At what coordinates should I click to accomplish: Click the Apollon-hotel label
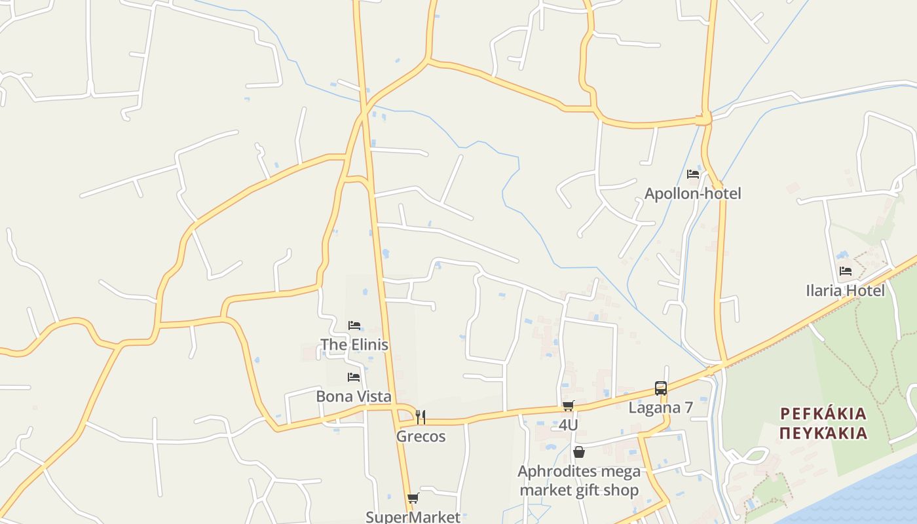(692, 193)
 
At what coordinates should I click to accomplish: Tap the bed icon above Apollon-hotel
(692, 174)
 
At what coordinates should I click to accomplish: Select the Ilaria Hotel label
(845, 290)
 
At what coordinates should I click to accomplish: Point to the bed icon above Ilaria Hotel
(846, 271)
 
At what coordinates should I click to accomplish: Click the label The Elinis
(354, 345)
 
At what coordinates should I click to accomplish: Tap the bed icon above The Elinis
(354, 325)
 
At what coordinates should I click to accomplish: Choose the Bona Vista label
(354, 396)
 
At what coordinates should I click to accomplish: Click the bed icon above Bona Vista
(354, 377)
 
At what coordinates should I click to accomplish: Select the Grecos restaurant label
(421, 436)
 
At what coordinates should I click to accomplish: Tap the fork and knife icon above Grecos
(421, 417)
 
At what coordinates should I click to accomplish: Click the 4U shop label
(568, 425)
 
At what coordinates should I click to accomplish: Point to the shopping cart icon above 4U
(568, 406)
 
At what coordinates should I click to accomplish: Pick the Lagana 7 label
(660, 407)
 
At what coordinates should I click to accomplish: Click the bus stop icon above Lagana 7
(660, 388)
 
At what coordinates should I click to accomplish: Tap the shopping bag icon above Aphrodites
(578, 452)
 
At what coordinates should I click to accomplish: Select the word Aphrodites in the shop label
(548, 472)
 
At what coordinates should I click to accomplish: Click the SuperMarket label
(413, 517)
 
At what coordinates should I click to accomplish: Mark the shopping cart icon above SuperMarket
(413, 498)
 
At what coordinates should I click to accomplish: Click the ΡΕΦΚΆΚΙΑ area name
(823, 414)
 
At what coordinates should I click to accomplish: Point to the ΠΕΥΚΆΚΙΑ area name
(823, 433)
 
